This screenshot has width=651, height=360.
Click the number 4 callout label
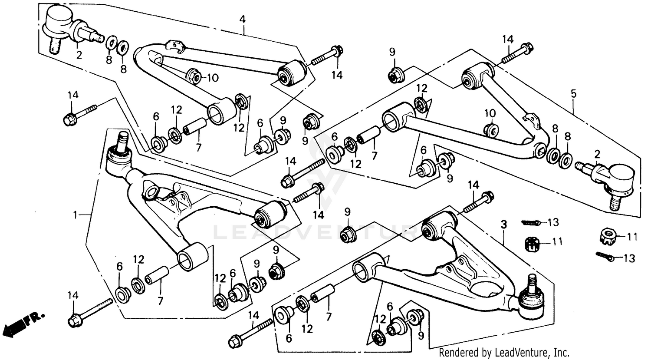tap(243, 19)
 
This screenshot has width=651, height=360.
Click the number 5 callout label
tap(573, 93)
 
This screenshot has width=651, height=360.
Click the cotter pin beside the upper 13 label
tap(531, 223)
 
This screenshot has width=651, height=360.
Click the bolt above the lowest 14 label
tap(250, 332)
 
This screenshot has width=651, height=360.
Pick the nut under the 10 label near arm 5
tap(490, 129)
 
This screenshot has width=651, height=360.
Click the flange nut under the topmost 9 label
tap(395, 76)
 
